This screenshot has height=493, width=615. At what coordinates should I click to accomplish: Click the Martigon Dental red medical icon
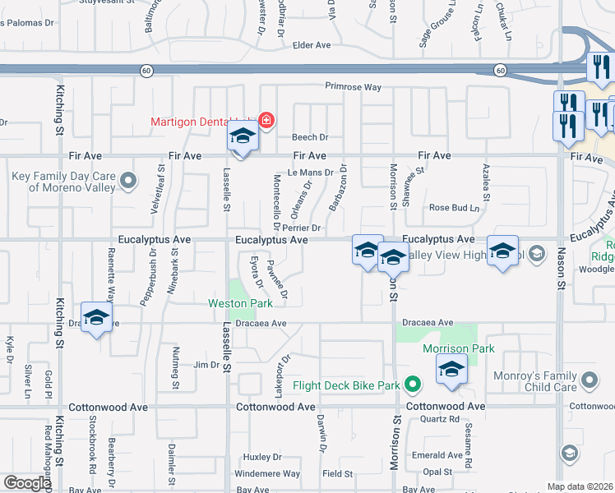[x=266, y=121]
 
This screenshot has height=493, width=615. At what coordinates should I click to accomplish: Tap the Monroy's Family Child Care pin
[x=589, y=380]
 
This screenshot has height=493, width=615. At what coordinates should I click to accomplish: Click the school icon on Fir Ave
[x=243, y=137]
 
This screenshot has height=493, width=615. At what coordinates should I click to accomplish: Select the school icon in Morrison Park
[x=451, y=371]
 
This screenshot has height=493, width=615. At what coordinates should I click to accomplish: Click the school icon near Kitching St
[x=96, y=319]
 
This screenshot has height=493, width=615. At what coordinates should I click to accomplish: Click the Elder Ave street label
[x=311, y=45]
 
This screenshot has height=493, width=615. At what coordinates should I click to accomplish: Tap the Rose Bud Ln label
[x=454, y=208]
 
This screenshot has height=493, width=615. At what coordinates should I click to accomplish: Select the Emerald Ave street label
[x=437, y=455]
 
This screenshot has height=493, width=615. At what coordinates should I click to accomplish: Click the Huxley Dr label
[x=262, y=457]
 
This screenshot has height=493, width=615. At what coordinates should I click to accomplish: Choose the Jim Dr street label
[x=205, y=365]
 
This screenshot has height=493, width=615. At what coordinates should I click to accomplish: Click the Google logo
[x=27, y=483]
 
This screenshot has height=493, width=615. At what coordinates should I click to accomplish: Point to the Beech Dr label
[x=312, y=137]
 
